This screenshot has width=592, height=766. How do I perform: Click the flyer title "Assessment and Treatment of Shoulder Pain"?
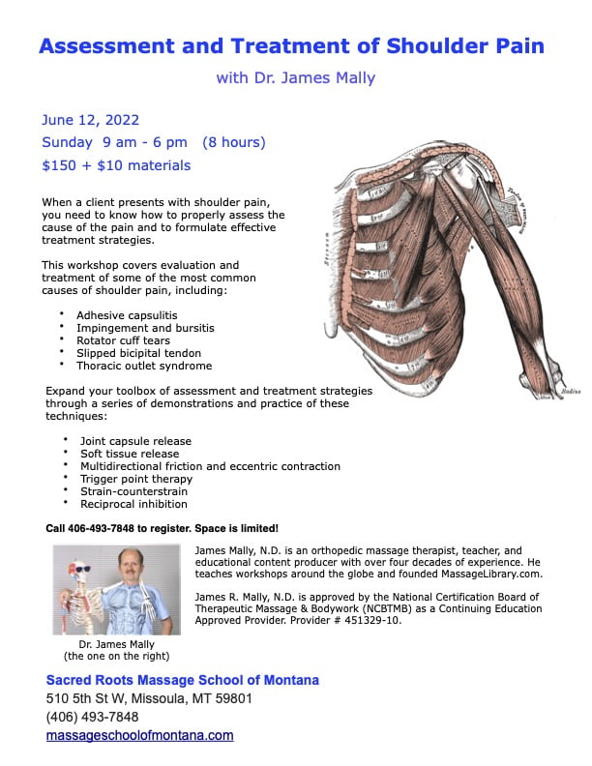pyautogui.click(x=291, y=45)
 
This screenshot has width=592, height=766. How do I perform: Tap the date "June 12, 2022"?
pyautogui.click(x=91, y=121)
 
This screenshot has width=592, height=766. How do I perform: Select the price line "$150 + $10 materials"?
pyautogui.click(x=116, y=165)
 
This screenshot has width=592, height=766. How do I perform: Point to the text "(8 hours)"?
pyautogui.click(x=233, y=143)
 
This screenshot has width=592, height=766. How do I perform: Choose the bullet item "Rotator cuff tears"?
pyautogui.click(x=124, y=340)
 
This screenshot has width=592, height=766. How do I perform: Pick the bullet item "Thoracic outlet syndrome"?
pyautogui.click(x=143, y=366)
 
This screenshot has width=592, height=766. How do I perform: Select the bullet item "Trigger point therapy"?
pyautogui.click(x=136, y=478)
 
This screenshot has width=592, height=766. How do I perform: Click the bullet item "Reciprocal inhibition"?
pyautogui.click(x=133, y=504)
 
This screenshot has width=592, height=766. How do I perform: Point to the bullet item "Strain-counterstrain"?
pyautogui.click(x=133, y=491)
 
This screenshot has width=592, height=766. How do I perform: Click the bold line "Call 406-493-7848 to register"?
pyautogui.click(x=163, y=529)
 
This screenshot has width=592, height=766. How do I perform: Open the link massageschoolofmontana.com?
pyautogui.click(x=140, y=735)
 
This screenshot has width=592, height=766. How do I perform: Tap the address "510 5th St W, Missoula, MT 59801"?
pyautogui.click(x=149, y=698)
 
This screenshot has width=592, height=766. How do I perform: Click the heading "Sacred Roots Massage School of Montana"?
pyautogui.click(x=183, y=680)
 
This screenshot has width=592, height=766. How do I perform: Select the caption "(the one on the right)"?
pyautogui.click(x=115, y=656)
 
